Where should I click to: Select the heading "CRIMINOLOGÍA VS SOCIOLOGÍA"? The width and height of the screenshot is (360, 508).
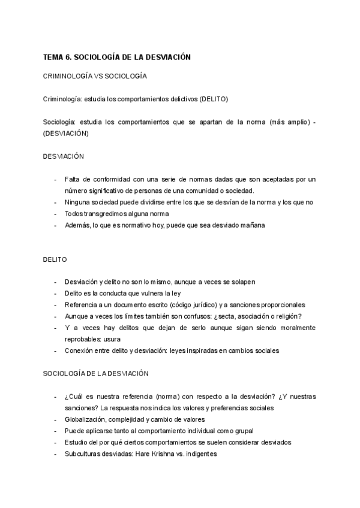pyautogui.click(x=95, y=77)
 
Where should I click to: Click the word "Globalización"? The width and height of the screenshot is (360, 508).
pyautogui.click(x=86, y=419)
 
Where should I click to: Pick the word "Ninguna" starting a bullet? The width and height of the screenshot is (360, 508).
pyautogui.click(x=77, y=202)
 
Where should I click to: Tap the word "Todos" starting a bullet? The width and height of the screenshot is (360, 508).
pyautogui.click(x=74, y=214)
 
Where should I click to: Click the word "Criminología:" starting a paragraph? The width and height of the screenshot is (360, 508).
pyautogui.click(x=63, y=99)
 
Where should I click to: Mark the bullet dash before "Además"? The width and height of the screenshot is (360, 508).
pyautogui.click(x=55, y=225)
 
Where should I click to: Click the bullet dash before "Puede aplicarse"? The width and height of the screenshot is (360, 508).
pyautogui.click(x=55, y=431)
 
